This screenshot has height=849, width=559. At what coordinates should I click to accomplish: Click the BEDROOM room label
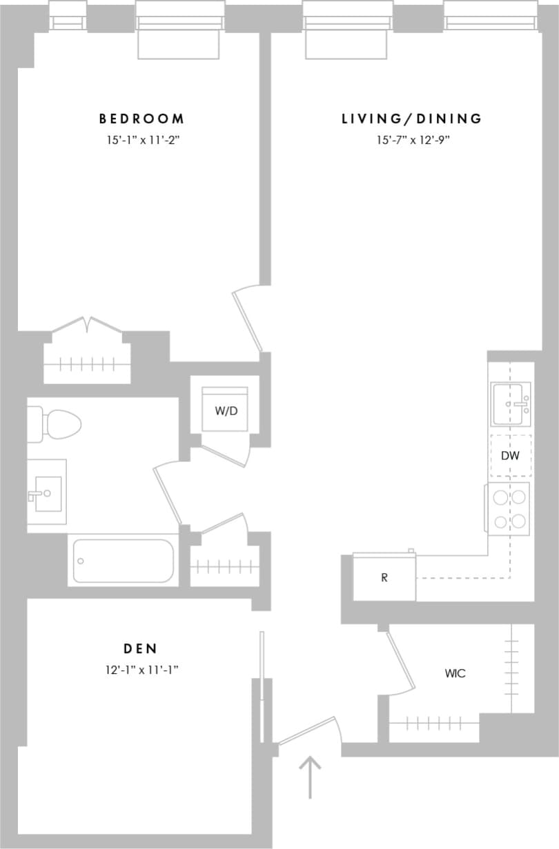[141, 119]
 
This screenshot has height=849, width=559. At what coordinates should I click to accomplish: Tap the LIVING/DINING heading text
[412, 119]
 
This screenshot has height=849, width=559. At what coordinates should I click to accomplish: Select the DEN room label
[141, 648]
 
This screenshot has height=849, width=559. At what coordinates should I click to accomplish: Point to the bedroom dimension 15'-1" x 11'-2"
[141, 140]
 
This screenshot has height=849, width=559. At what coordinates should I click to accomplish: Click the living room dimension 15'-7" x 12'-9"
[412, 140]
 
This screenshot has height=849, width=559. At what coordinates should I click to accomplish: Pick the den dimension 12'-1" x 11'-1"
[141, 669]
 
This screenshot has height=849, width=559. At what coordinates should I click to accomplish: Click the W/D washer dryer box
[224, 410]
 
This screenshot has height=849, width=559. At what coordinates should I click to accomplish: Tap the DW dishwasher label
[510, 456]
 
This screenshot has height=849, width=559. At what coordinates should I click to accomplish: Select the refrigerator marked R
[384, 577]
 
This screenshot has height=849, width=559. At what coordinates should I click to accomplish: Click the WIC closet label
[455, 673]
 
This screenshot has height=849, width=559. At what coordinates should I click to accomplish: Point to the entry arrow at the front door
[311, 776]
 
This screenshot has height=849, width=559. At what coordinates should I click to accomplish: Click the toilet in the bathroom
[55, 423]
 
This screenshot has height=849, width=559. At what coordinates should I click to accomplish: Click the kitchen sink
[510, 405]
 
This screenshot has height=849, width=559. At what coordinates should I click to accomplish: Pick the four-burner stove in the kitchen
[509, 508]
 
